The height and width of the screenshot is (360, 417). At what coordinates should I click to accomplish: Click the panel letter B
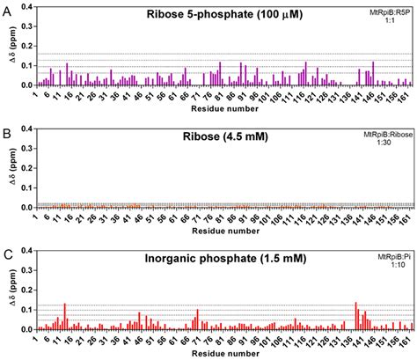tap(7, 129)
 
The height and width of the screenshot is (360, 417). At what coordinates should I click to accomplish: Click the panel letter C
tap(7, 252)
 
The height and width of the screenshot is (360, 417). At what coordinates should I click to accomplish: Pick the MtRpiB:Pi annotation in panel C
tap(391, 253)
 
